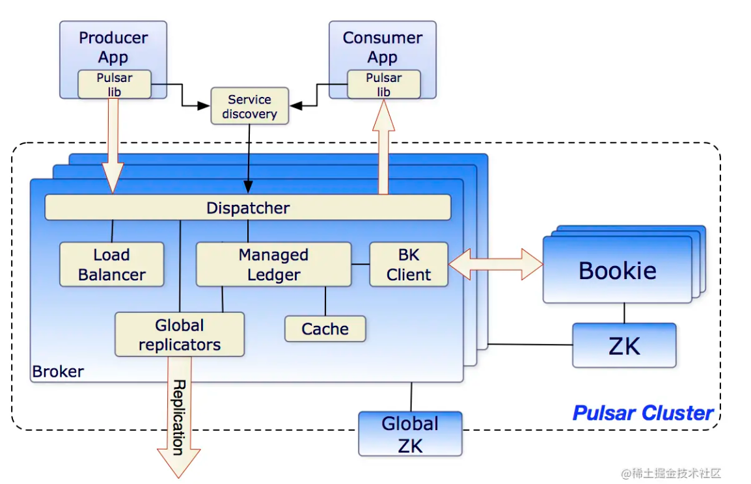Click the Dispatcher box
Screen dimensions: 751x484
coord(247,208)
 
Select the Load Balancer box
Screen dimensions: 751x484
coord(111,264)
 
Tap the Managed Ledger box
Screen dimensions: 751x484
coord(273,264)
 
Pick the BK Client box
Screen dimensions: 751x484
coord(409,264)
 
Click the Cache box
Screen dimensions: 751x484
coord(325,329)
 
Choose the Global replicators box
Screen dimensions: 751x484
coord(180,334)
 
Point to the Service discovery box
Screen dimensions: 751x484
coord(249,106)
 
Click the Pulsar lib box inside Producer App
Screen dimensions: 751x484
coord(115,85)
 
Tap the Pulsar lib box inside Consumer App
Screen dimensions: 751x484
coord(384,85)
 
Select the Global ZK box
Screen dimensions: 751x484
coord(410,434)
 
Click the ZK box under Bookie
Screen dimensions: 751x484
coord(624,345)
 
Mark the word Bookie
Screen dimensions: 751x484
coord(618,271)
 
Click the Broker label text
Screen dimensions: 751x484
coord(58,371)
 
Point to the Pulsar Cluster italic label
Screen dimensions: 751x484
coord(643,412)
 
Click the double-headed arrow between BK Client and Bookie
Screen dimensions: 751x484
coord(496,264)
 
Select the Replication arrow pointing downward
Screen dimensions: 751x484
coord(179,416)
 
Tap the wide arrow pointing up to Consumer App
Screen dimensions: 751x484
coord(384,146)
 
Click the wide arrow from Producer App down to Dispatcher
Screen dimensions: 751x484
coord(113,146)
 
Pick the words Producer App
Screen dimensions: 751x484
coord(113,47)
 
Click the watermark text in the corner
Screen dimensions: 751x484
coord(671,473)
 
